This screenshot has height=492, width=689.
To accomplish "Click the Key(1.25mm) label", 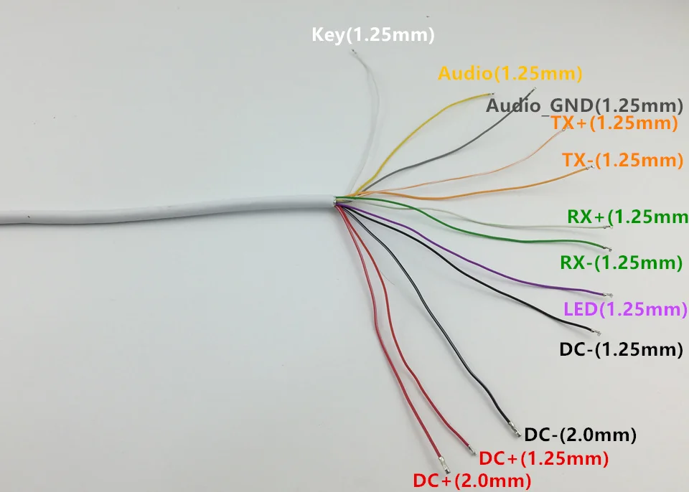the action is pyautogui.click(x=372, y=34).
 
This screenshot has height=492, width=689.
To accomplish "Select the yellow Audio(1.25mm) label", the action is pyautogui.click(x=510, y=72).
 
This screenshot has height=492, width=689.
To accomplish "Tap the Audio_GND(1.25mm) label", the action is pyautogui.click(x=583, y=105).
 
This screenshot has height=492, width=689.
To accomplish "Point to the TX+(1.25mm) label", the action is pyautogui.click(x=614, y=123).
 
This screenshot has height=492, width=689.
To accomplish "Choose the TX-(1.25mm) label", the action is pyautogui.click(x=622, y=160).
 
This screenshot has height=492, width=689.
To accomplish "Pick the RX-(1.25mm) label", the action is pyautogui.click(x=621, y=262).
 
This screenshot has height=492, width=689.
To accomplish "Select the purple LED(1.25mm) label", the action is pyautogui.click(x=626, y=310).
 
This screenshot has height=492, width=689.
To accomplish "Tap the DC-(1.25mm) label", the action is pyautogui.click(x=620, y=350).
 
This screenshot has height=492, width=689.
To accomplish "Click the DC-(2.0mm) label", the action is pyautogui.click(x=581, y=434).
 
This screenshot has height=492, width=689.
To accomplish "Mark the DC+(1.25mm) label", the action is pyautogui.click(x=543, y=458).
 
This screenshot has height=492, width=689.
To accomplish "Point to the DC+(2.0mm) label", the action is pyautogui.click(x=472, y=479).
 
